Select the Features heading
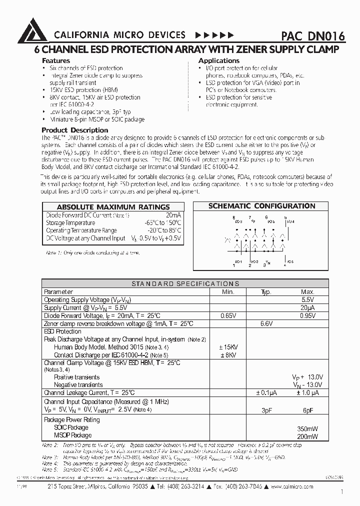56,60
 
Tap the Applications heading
219,60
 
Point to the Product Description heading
74,130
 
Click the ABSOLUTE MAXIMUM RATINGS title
113,206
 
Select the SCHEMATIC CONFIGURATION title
261,206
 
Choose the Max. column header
307,291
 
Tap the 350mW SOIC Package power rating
307,428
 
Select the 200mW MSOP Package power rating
307,436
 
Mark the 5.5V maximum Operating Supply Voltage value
307,299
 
